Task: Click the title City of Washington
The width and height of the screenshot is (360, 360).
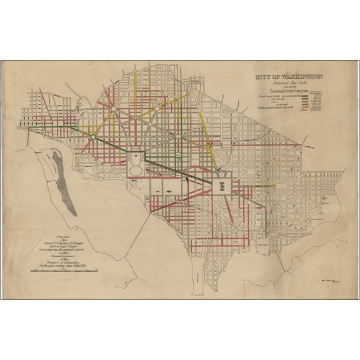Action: (x=288, y=77)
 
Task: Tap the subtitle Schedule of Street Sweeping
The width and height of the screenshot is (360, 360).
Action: (x=288, y=90)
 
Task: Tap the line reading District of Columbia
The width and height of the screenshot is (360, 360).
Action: (x=62, y=259)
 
